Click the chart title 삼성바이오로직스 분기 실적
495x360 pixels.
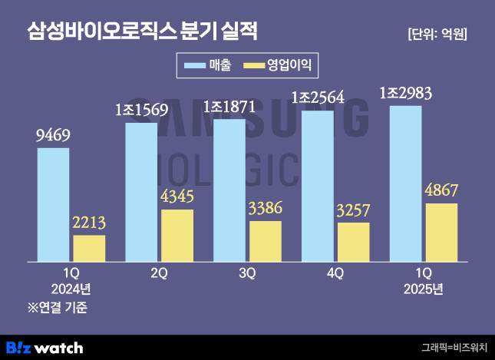pos(142,31)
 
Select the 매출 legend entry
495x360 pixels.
pos(208,65)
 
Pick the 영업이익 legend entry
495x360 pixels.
pos(276,65)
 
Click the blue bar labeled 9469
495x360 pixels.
pos(53,204)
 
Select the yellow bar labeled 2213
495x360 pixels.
pos(89,248)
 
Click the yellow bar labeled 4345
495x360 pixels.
pos(177,235)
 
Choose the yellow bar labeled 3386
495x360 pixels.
pos(266,241)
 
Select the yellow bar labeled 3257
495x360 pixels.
pos(354,242)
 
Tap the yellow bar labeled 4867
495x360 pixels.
pos(441,232)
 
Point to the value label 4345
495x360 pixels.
pos(177,197)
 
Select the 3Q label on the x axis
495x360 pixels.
pos(247,272)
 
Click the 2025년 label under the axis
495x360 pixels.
pos(424,289)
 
